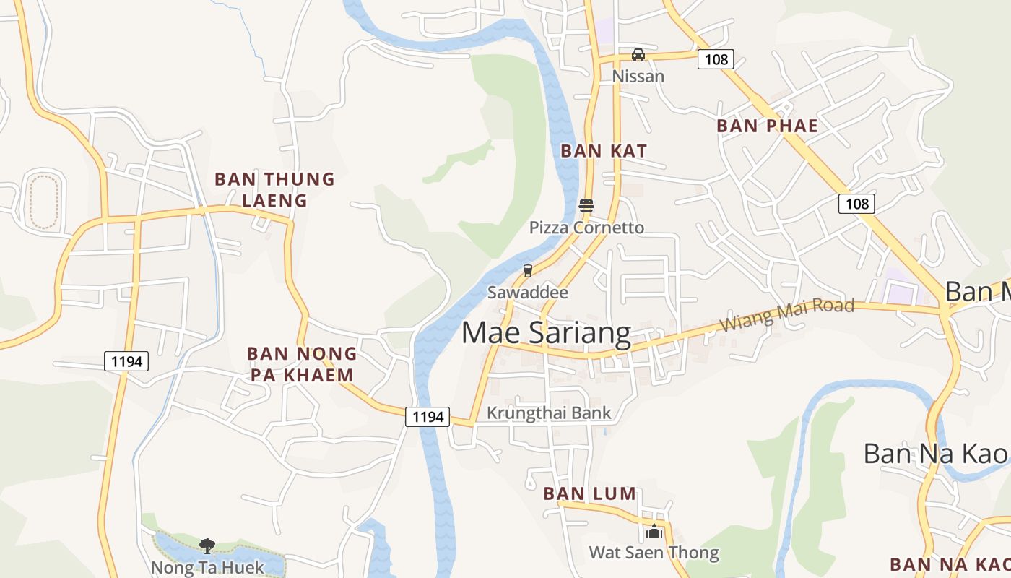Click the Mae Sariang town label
coord(546,333)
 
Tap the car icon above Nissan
coord(638,54)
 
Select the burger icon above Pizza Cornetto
coord(586,206)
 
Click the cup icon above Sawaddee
coord(528,271)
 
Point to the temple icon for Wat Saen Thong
coord(654,532)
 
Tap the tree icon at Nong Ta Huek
coord(207,545)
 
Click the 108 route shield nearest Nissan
coord(716,59)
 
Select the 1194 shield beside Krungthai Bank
coord(428,416)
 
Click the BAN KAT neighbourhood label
coord(604,151)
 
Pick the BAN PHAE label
coord(767,126)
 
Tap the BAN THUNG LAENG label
coord(275,189)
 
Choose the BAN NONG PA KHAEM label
coord(302,364)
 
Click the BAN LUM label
coord(589,494)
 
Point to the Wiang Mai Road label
coord(787,315)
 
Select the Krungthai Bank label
coord(549,413)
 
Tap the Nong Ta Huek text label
coord(208,568)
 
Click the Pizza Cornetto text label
coord(586,228)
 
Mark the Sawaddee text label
coord(528,293)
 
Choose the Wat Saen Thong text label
coord(654,553)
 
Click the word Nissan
coord(638,76)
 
